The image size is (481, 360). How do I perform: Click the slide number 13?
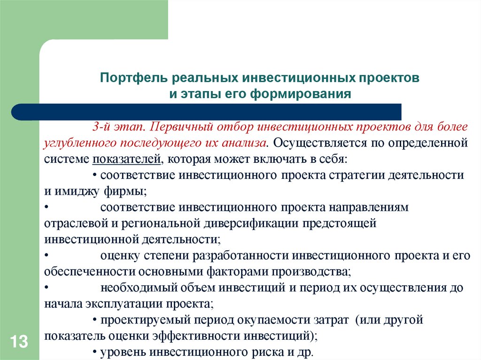pyautogui.click(x=18, y=341)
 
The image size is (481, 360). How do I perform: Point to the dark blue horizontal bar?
pyautogui.click(x=207, y=112)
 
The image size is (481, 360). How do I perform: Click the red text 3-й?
pyautogui.click(x=101, y=127)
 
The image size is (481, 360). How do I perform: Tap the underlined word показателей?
pyautogui.click(x=126, y=159)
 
